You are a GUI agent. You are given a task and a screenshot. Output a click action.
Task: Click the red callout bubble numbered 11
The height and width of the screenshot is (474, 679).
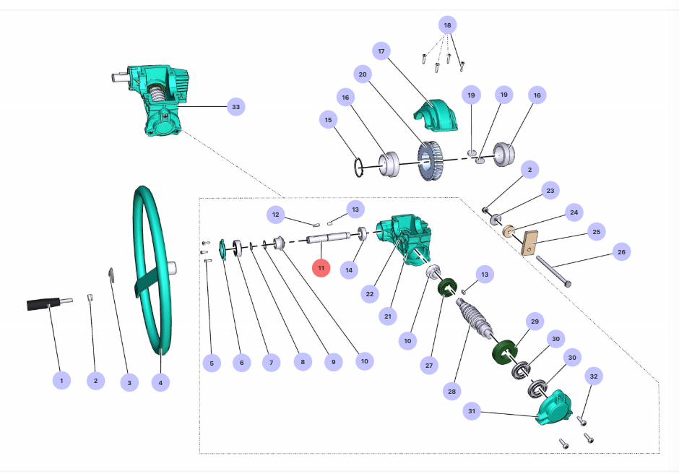click(x=321, y=268)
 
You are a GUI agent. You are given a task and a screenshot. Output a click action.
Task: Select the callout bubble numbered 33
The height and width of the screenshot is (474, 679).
click(x=235, y=107)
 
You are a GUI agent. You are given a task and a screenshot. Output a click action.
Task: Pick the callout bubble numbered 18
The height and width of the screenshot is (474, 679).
click(x=447, y=25)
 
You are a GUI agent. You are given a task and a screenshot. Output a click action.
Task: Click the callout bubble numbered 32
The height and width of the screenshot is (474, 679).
click(x=594, y=376)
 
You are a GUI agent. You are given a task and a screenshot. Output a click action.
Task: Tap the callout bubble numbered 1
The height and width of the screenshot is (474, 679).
click(x=61, y=380)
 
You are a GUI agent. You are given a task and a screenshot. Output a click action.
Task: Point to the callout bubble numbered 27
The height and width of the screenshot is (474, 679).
click(x=429, y=366)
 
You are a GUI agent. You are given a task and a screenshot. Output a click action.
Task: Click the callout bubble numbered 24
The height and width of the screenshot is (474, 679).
click(x=574, y=213)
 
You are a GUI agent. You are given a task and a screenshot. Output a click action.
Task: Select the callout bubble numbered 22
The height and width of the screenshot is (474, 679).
click(x=370, y=294)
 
